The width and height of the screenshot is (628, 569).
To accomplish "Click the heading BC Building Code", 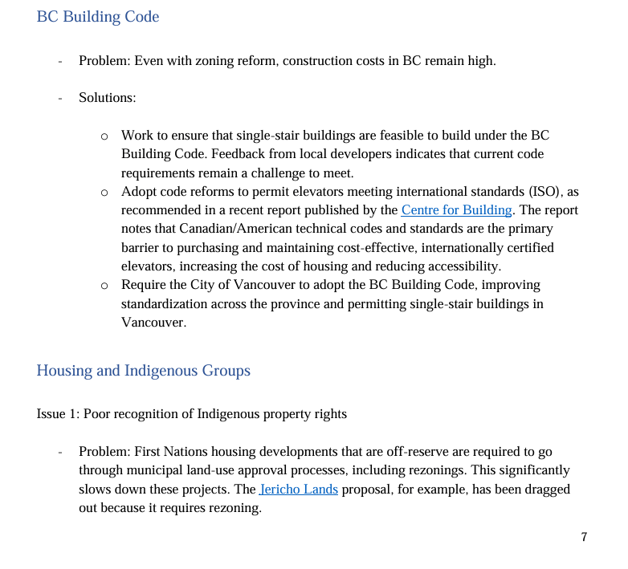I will click(x=98, y=17).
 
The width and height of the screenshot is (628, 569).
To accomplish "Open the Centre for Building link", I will click(x=456, y=210).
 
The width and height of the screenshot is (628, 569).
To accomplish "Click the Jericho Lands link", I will click(x=299, y=489).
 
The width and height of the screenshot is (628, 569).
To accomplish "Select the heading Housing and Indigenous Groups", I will click(x=144, y=371).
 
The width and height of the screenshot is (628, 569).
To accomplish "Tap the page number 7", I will click(x=584, y=537).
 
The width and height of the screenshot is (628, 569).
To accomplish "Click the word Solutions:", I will click(x=108, y=98).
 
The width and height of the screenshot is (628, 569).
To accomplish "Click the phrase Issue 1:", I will click(x=58, y=414).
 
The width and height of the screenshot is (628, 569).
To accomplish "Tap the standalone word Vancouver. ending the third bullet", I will click(x=153, y=322).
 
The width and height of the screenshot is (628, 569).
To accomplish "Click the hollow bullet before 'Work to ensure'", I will click(x=104, y=136).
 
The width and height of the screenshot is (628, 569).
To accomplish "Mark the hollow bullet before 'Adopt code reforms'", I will click(x=104, y=193).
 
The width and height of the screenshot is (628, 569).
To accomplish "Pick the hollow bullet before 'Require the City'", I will click(x=104, y=285).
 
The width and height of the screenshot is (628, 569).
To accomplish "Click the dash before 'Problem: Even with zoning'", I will click(x=60, y=61).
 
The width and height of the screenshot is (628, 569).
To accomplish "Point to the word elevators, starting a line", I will click(x=149, y=266).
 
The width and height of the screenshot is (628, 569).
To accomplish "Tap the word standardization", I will click(x=162, y=303).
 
